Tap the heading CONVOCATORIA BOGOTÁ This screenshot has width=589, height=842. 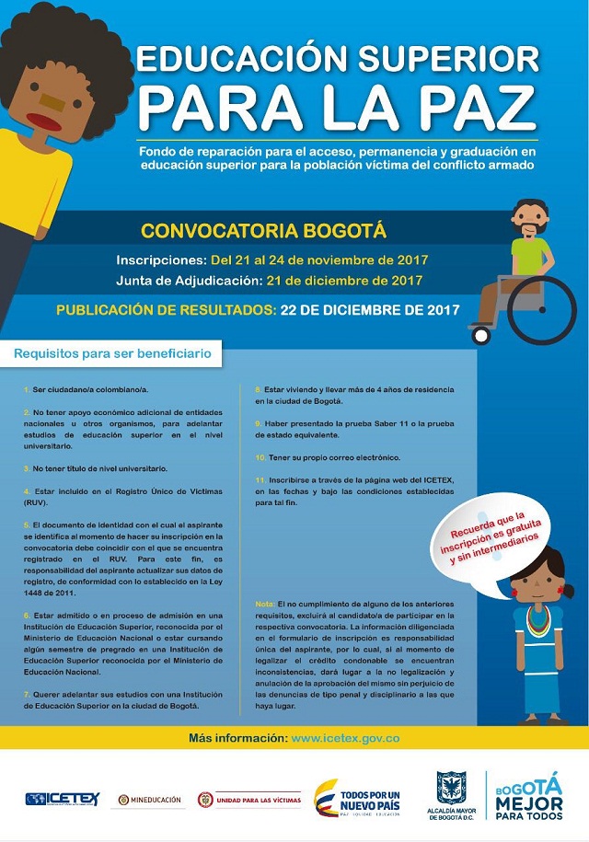coord(263,230)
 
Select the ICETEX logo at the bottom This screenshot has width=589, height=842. coord(62,799)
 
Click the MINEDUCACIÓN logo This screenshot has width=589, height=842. coord(150,800)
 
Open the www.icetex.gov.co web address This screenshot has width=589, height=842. coord(344,738)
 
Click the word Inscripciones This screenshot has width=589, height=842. coord(161,260)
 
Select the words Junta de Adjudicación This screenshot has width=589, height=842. coord(188,280)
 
